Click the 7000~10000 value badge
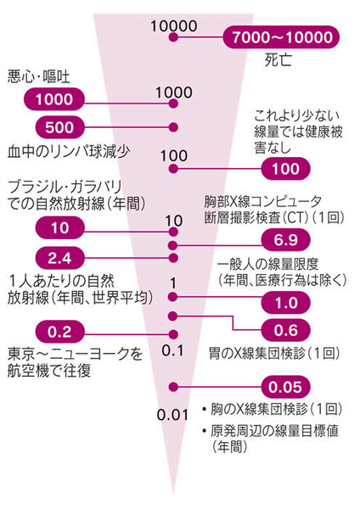click(281, 37)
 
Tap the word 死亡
click(278, 60)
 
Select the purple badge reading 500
click(59, 127)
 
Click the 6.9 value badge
click(286, 240)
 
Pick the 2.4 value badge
click(59, 259)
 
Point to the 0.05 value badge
click(286, 387)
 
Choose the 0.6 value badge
click(286, 330)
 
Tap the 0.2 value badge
click(59, 332)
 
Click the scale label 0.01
click(173, 415)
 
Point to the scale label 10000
click(174, 26)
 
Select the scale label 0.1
click(173, 350)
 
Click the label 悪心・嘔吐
click(39, 77)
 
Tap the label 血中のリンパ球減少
click(69, 152)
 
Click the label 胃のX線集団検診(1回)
click(274, 353)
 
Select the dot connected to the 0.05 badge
click(173, 387)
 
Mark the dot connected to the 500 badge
click(173, 127)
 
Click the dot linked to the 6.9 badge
click(173, 245)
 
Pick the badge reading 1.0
click(286, 302)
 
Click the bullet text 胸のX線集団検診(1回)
click(276, 409)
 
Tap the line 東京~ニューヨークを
click(75, 354)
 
